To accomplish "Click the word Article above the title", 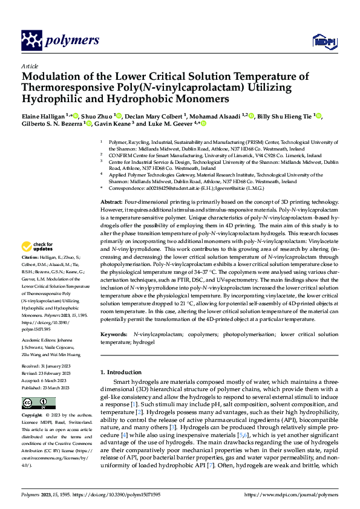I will coord(30,66).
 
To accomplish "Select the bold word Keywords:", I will coord(114,334).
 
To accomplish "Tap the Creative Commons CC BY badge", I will coord(39,403).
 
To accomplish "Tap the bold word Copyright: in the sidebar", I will coord(33,416).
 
